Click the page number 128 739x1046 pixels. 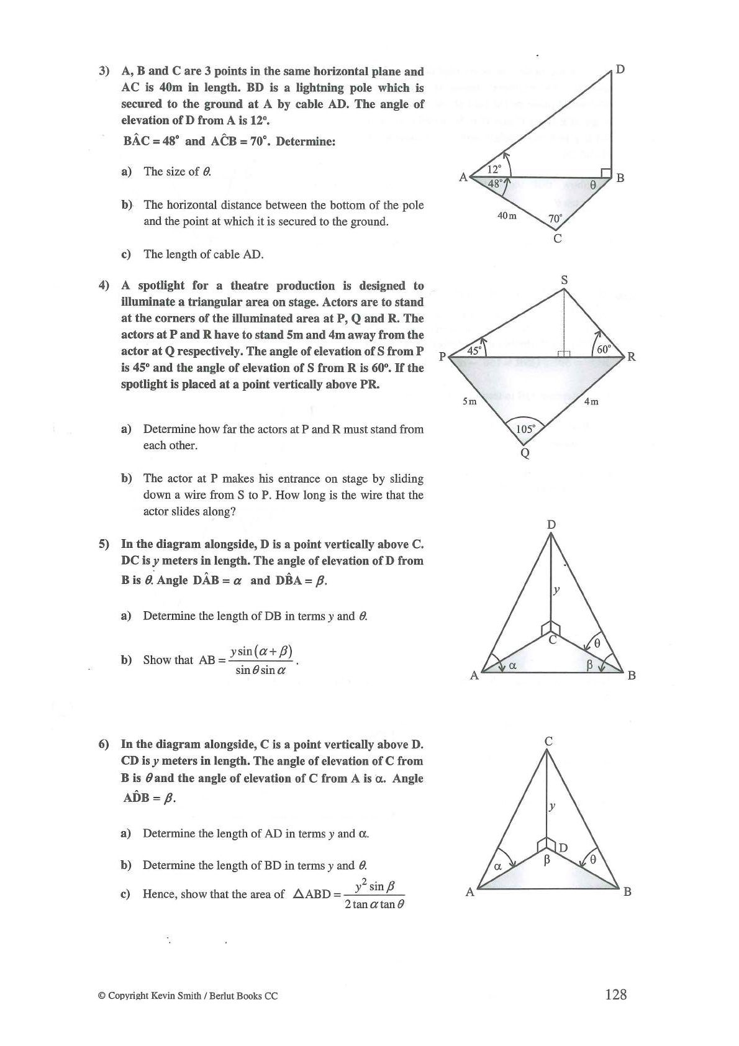point(615,994)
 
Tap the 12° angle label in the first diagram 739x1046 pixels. point(494,169)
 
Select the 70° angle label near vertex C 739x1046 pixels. point(555,219)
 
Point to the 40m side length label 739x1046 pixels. point(507,216)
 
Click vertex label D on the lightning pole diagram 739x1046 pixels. point(619,69)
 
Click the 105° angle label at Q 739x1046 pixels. point(526,429)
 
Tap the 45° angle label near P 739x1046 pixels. point(474,350)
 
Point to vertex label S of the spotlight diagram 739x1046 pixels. point(564,280)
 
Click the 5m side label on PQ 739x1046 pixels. point(469,401)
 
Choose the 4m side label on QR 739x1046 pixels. point(591,401)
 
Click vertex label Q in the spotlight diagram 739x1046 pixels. point(525,453)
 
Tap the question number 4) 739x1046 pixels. point(104,286)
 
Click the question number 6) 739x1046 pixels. point(104,744)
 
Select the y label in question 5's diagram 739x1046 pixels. point(557,590)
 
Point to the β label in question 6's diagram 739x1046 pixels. point(547,860)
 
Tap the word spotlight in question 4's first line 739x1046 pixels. point(161,286)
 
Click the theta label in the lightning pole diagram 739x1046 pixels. point(592,184)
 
